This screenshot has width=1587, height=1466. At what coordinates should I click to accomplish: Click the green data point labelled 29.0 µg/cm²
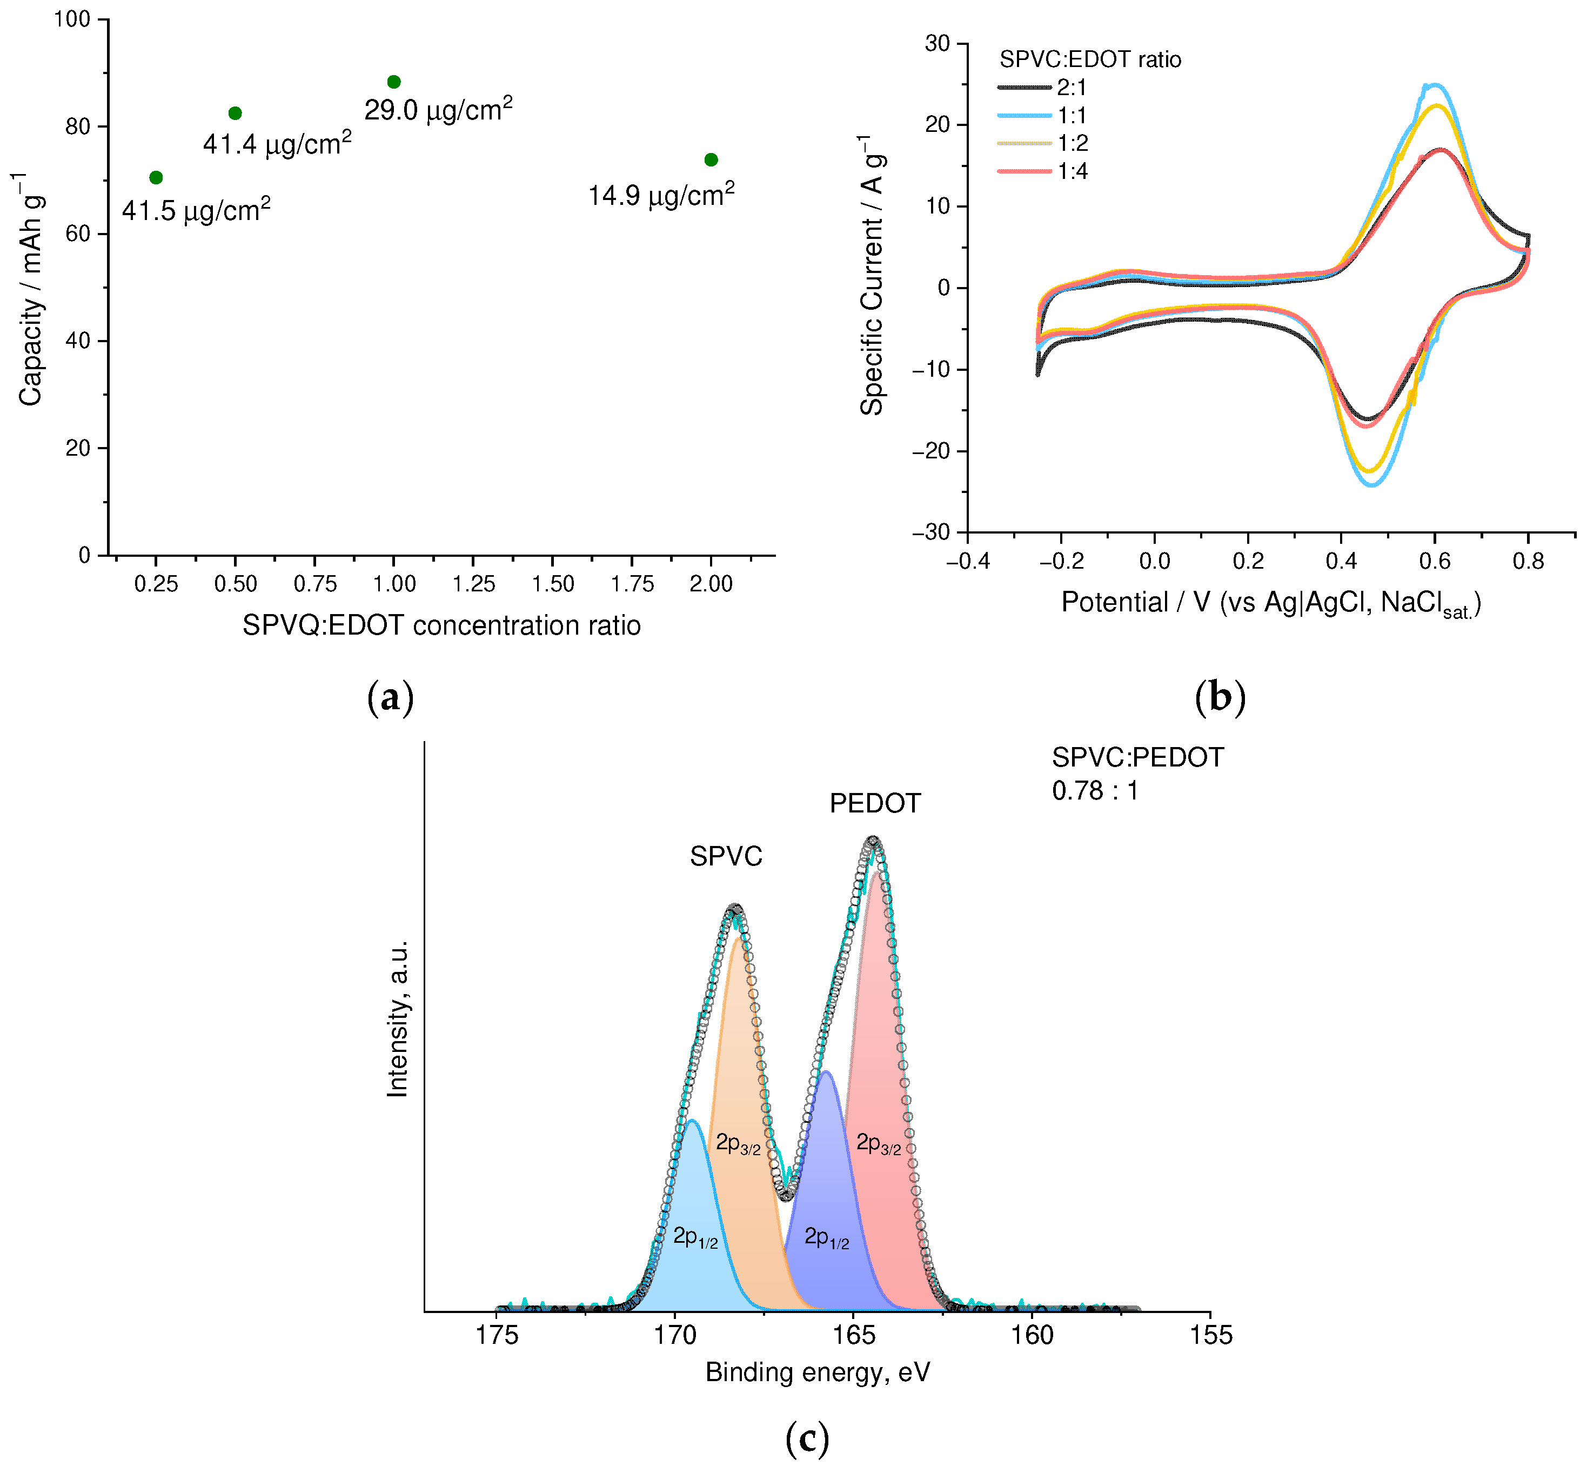pos(393,82)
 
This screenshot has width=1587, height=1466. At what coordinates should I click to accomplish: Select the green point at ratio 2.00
pos(711,159)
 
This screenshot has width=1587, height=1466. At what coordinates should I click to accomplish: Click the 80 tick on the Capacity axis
pos(78,127)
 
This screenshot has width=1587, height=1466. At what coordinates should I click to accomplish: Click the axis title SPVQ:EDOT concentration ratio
pos(441,626)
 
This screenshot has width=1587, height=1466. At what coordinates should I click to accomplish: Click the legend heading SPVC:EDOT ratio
pos(1090,59)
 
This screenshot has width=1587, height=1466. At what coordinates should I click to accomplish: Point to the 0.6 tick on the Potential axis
pos(1434,562)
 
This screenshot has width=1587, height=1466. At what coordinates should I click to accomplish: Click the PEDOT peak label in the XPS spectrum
pos(875,804)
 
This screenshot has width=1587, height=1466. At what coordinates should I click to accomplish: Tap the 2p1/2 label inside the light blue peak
pos(695,1237)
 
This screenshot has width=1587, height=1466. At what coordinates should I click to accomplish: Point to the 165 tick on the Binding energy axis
pos(853,1336)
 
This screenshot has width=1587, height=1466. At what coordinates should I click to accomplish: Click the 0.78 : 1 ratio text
pos(1095,791)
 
